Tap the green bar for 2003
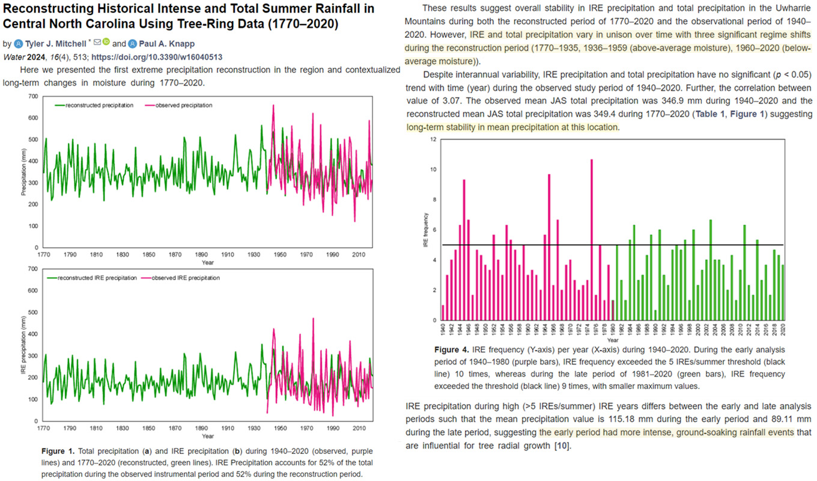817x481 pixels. [x=711, y=271]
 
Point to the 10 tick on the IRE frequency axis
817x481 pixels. [x=434, y=170]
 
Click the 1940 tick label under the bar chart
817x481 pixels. [x=443, y=329]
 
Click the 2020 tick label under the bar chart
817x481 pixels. [x=783, y=329]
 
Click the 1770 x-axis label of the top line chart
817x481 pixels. [x=43, y=254]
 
